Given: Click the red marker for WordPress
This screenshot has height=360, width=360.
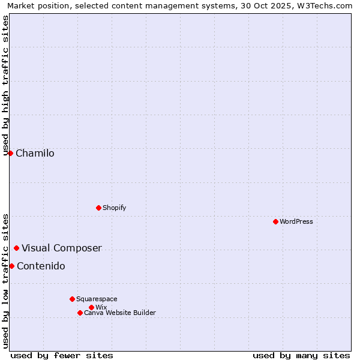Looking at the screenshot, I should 275,221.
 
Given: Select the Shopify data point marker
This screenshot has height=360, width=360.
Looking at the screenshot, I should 98,208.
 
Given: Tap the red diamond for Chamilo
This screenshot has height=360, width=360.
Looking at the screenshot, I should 10,153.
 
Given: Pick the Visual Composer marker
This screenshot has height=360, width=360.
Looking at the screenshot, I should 16,248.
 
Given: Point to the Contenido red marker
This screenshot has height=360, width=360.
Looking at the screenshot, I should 11,266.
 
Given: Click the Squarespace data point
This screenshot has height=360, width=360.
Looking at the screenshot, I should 72,299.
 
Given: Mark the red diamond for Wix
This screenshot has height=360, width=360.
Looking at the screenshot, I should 91,307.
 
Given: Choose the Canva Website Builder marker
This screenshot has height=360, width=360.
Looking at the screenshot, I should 80,313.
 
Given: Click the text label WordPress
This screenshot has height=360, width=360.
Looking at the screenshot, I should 296,221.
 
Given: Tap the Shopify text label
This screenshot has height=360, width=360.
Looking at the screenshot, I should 114,208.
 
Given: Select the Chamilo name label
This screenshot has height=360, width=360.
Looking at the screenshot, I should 35,153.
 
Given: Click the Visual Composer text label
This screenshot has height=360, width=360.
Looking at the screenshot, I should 62,248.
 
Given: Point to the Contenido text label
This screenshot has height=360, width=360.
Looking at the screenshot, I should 41,266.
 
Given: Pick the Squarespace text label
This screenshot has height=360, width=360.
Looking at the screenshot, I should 97,299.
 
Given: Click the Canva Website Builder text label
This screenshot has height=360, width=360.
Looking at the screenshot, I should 120,313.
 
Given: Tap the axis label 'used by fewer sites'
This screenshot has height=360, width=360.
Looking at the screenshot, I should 62,355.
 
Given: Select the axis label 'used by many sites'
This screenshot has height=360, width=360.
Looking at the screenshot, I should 301,355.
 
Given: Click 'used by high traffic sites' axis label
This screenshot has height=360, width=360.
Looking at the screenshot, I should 5,85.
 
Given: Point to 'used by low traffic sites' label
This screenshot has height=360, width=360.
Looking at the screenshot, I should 5,280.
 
